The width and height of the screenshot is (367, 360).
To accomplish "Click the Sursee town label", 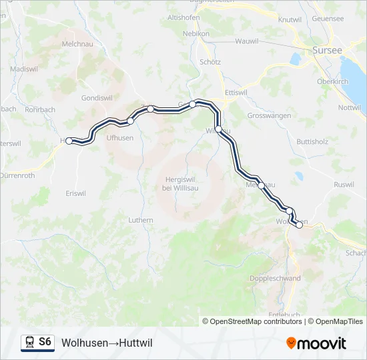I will coord(327,50).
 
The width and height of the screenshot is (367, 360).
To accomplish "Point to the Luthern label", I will coord(141,220).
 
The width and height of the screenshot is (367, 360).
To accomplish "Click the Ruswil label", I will coord(344,185).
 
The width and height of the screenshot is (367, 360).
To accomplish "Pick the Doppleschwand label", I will coord(275,279).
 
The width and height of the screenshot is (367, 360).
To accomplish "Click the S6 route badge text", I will coord(45,342).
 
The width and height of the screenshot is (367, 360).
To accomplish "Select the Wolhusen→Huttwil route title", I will coord(107,343).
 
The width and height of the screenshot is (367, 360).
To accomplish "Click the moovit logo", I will coord(316,343).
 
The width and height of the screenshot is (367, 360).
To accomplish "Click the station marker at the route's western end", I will coord(69,141).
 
